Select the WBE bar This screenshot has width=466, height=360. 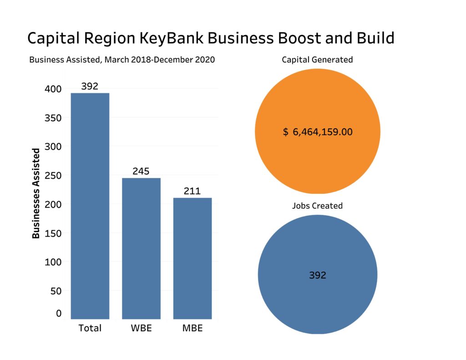point(141,248)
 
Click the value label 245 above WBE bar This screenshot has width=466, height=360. point(141,171)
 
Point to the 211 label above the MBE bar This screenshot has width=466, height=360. point(192,191)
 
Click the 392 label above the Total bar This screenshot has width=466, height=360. point(90,86)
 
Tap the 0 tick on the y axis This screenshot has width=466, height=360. point(59,313)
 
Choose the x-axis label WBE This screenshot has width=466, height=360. point(141,328)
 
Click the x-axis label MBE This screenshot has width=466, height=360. point(192,328)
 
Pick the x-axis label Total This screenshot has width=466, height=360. point(90,328)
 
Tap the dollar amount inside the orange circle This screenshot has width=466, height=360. point(318,132)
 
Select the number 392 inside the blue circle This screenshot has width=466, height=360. point(318,275)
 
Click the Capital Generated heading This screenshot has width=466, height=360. point(317,60)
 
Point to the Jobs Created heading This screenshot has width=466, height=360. point(317,206)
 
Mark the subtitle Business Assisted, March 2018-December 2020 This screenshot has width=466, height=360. point(122,60)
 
